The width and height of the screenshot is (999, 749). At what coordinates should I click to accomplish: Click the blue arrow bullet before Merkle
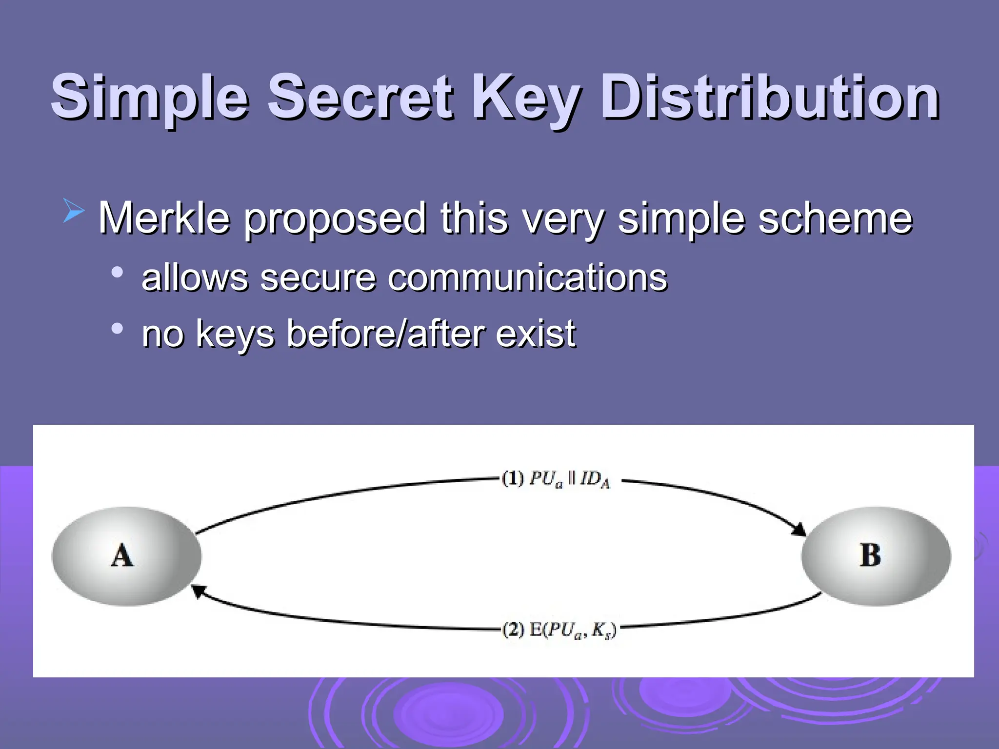pyautogui.click(x=74, y=213)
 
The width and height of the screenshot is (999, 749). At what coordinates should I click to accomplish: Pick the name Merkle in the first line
pyautogui.click(x=164, y=218)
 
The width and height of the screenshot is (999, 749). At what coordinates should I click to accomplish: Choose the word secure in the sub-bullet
pyautogui.click(x=318, y=277)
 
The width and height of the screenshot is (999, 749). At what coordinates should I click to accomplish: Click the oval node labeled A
pyautogui.click(x=126, y=556)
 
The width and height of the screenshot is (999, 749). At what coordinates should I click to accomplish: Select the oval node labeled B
pyautogui.click(x=876, y=556)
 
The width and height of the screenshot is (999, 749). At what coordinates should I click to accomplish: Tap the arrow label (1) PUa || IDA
pyautogui.click(x=556, y=479)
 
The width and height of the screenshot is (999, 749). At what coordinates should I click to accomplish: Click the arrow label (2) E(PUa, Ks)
pyautogui.click(x=559, y=630)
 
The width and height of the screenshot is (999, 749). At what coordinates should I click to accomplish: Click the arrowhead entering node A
pyautogui.click(x=196, y=591)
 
